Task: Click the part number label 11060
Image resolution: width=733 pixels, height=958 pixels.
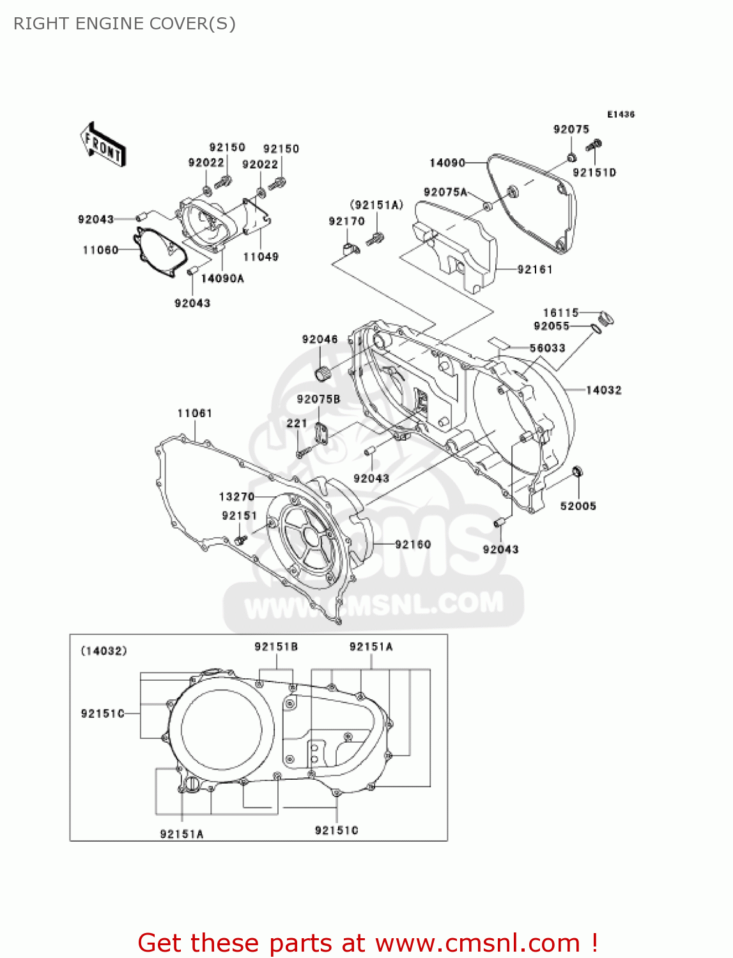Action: [x=100, y=250]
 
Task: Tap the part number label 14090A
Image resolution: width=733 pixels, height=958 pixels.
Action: [x=222, y=278]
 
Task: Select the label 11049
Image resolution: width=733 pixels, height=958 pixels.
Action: [x=261, y=257]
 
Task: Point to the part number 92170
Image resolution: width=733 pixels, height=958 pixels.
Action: [x=346, y=221]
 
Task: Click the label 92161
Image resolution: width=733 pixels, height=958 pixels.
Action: [x=534, y=270]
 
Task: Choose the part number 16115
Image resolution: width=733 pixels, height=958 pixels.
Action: [x=560, y=312]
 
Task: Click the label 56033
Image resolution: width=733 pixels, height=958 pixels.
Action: [x=547, y=348]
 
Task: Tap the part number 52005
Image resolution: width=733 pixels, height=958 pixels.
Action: [x=578, y=506]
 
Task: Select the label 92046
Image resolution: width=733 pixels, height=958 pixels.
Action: [x=320, y=339]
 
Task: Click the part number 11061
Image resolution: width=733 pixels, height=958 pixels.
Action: [x=194, y=413]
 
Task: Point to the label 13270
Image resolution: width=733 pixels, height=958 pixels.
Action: [x=236, y=496]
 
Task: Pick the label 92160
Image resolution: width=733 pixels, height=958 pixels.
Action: [x=413, y=544]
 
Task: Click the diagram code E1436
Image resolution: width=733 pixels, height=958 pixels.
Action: [x=621, y=114]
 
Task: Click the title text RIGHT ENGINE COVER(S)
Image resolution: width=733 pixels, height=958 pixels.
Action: [x=125, y=24]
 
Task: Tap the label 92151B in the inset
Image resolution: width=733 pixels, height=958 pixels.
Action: [x=276, y=646]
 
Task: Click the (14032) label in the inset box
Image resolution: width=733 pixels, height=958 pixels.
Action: [x=104, y=651]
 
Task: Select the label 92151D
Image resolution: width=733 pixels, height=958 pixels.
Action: [x=594, y=172]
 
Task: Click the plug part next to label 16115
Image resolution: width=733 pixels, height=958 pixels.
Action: [x=606, y=317]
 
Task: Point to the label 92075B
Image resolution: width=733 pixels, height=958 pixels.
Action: [x=318, y=399]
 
